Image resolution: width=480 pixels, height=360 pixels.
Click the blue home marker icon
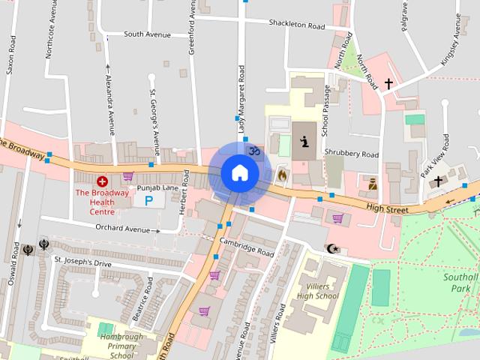(x=239, y=173)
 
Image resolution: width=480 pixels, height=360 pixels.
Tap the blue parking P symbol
(x=148, y=201)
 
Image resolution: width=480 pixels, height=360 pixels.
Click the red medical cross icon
(x=103, y=181)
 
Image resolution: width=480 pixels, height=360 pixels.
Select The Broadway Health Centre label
(x=102, y=202)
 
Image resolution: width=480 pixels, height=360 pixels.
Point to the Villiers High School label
(x=317, y=291)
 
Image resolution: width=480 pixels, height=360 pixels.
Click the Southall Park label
(x=459, y=283)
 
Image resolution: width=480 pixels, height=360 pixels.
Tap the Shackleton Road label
(x=296, y=25)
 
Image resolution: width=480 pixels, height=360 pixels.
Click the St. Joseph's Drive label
(x=82, y=264)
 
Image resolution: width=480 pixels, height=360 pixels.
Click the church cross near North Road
(x=388, y=83)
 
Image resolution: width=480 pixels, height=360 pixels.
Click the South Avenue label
(x=148, y=34)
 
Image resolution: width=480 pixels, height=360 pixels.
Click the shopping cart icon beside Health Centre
(x=128, y=177)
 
